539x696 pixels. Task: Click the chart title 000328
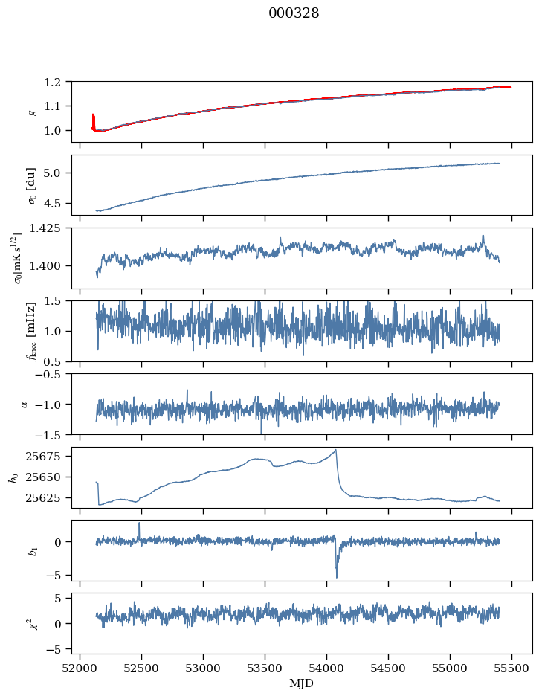tap(294, 13)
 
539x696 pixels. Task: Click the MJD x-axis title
tap(302, 683)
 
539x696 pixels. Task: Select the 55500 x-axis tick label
tap(511, 668)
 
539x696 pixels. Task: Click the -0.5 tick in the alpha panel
tap(52, 375)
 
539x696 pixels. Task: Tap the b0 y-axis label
tap(13, 477)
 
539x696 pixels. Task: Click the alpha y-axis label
tap(25, 404)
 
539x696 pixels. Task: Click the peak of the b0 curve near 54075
tap(336, 450)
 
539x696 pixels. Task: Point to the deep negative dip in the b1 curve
tap(336, 576)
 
